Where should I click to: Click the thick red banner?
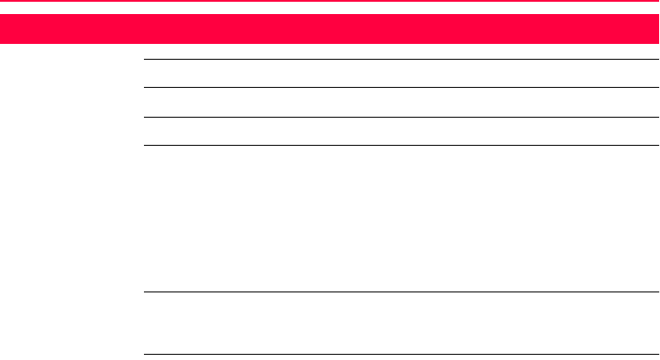pyautogui.click(x=330, y=29)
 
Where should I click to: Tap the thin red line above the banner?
pyautogui.click(x=330, y=3)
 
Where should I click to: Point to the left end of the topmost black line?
pyautogui.click(x=145, y=59)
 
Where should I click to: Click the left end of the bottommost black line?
pyautogui.click(x=145, y=355)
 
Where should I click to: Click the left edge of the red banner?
pyautogui.click(x=3, y=29)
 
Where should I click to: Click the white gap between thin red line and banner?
pyautogui.click(x=330, y=9)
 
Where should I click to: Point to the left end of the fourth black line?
pyautogui.click(x=145, y=145)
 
